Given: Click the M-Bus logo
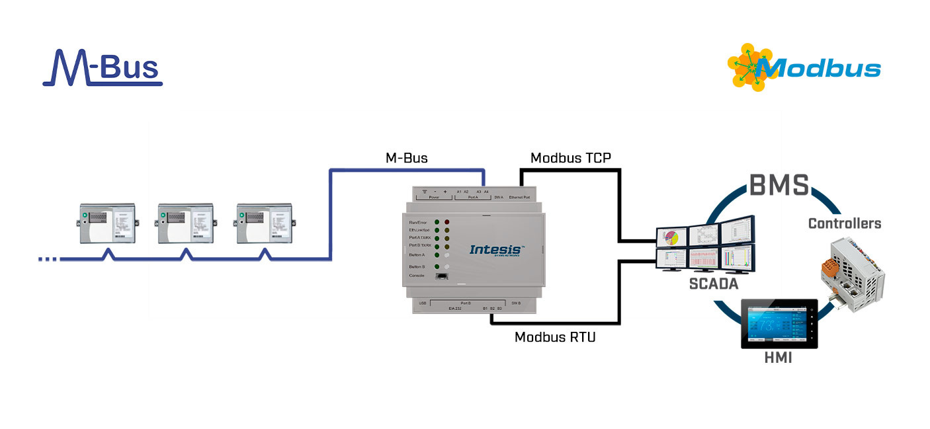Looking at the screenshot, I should (103, 68).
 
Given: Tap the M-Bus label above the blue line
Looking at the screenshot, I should (406, 158).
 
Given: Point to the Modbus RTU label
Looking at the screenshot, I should (555, 337).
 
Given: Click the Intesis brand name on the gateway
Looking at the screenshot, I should (496, 249).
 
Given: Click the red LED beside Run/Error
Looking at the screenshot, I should (446, 223).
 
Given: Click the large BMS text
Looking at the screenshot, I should (779, 186).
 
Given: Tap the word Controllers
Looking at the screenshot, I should (845, 223).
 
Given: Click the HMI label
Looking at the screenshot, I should (778, 358).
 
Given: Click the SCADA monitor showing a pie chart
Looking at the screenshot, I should (671, 237).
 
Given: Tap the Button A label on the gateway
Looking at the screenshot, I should (417, 254).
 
